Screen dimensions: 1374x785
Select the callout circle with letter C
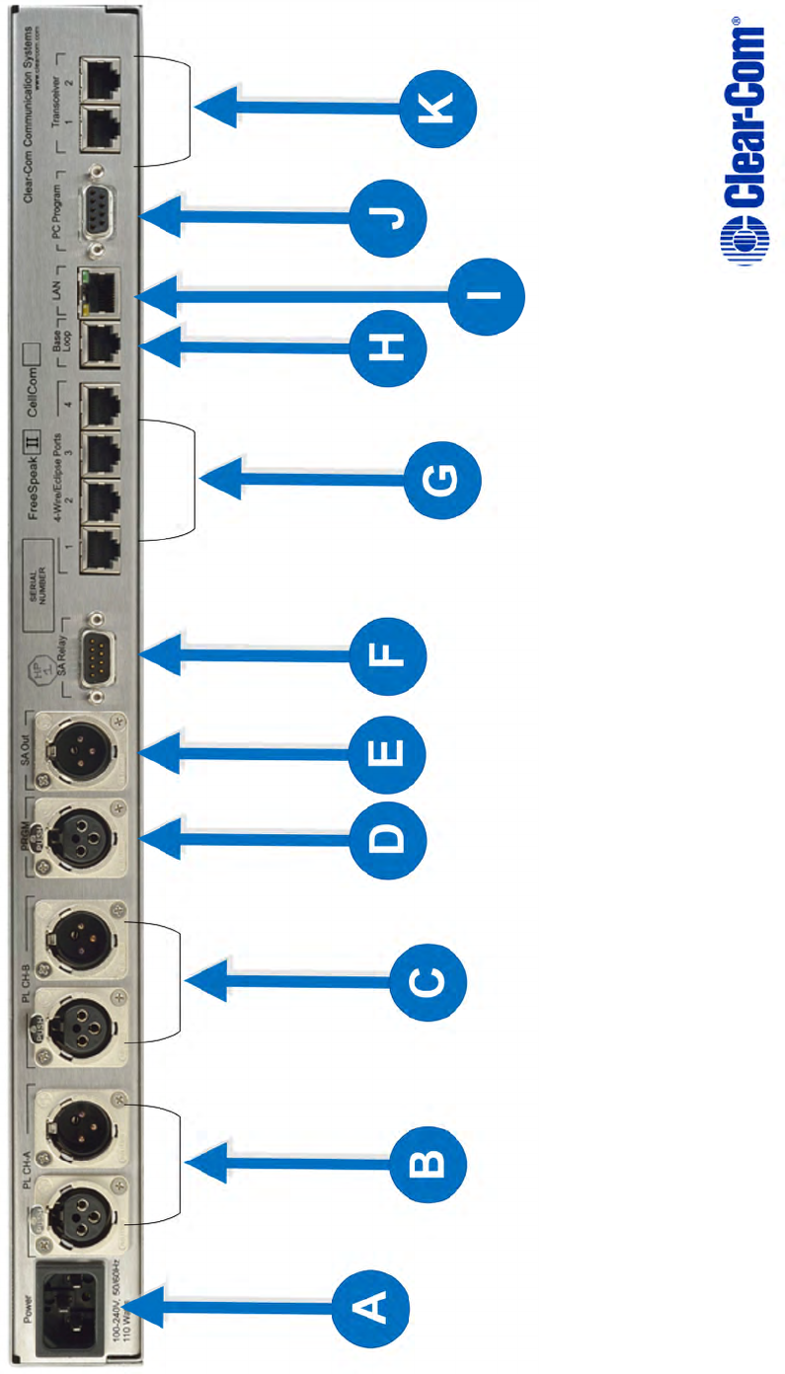[x=426, y=983]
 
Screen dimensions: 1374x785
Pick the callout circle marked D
[x=388, y=840]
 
